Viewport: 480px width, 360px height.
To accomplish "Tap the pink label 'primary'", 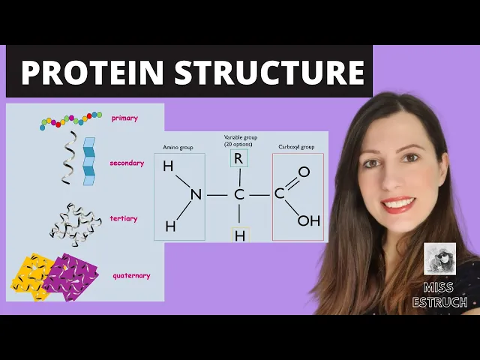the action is (124, 118).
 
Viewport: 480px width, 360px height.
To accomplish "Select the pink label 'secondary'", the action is (127, 163).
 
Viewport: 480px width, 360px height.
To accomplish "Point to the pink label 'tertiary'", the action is (124, 219).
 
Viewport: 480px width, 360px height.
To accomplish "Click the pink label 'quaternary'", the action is (131, 275).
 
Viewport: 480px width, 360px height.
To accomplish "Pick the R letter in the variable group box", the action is (239, 159).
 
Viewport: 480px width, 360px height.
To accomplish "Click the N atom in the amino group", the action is (196, 195).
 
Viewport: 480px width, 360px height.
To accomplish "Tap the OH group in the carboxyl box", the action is (308, 220).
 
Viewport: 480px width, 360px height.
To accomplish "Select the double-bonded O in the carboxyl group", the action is (304, 172).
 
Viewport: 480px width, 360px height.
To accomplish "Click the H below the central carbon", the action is (240, 235).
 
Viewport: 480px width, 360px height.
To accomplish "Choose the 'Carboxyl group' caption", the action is (297, 147).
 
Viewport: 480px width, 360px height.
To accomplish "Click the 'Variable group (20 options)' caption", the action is (239, 140).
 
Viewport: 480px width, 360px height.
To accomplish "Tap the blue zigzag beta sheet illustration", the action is (89, 160).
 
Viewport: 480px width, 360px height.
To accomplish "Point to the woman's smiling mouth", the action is (398, 203).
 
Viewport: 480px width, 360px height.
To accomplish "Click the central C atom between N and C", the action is (239, 195).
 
